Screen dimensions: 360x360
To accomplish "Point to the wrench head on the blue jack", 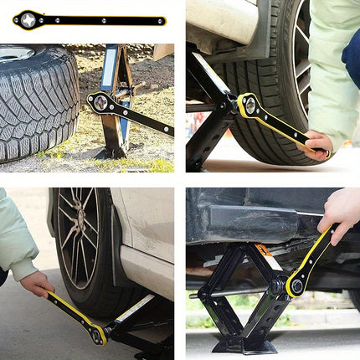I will point(100,103).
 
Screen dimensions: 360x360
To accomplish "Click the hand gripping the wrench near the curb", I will point(317,145).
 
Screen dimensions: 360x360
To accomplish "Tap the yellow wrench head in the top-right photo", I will point(249,105).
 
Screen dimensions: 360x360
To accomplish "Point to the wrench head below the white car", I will point(98,334).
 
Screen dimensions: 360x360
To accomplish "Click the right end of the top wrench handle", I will point(161,21).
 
